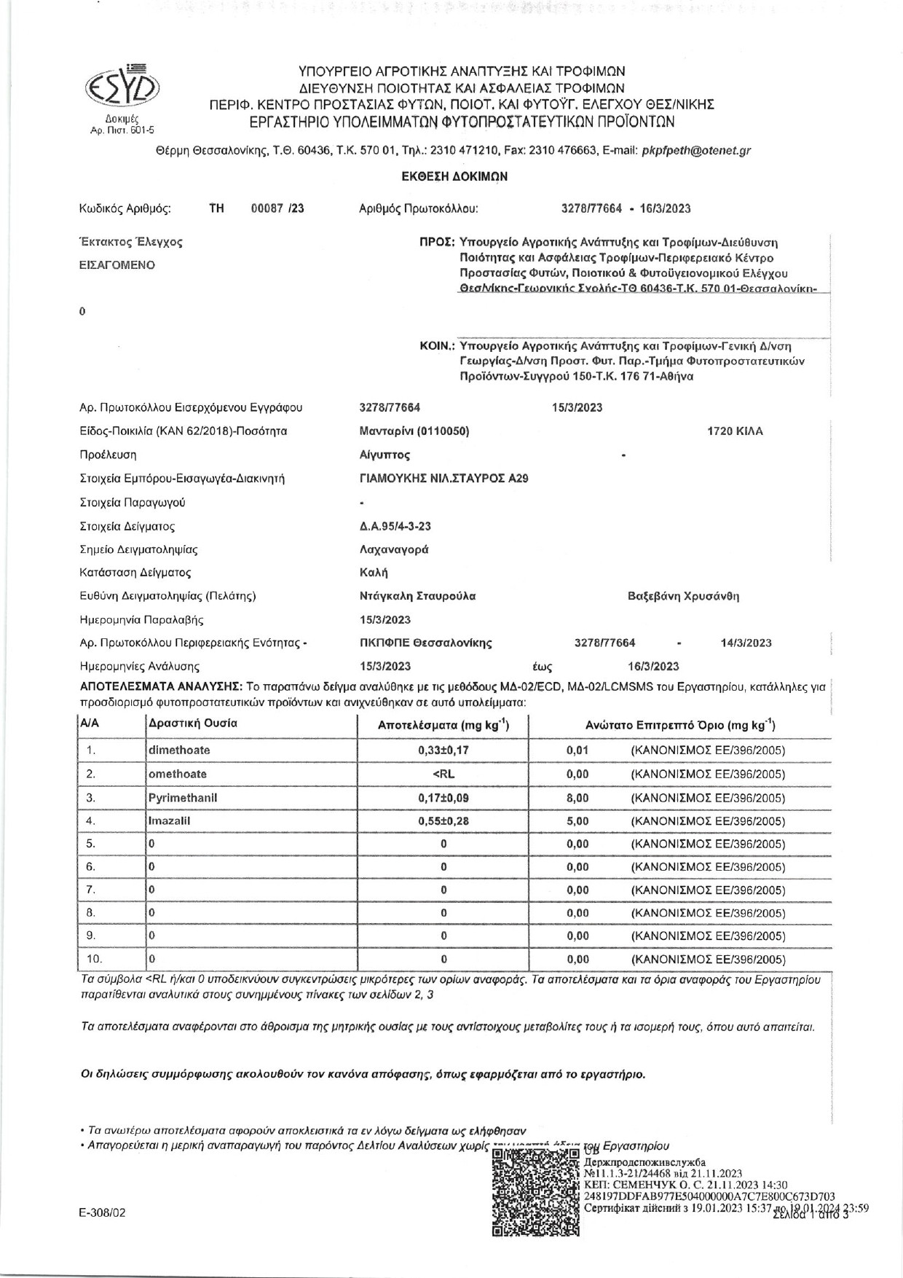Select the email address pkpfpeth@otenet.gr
[x=695, y=152]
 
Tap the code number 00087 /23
[x=277, y=208]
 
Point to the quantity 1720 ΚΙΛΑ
[x=736, y=431]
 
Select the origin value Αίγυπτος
[x=385, y=455]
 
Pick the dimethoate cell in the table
[x=179, y=750]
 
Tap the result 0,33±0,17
[x=443, y=750]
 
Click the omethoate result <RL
[x=443, y=774]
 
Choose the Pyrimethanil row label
[x=183, y=798]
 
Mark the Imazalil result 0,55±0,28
[x=443, y=821]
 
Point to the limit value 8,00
[x=577, y=798]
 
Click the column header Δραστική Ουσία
[x=193, y=724]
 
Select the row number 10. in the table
[x=95, y=959]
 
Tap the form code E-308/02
[x=103, y=1213]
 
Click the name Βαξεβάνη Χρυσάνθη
[x=683, y=596]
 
